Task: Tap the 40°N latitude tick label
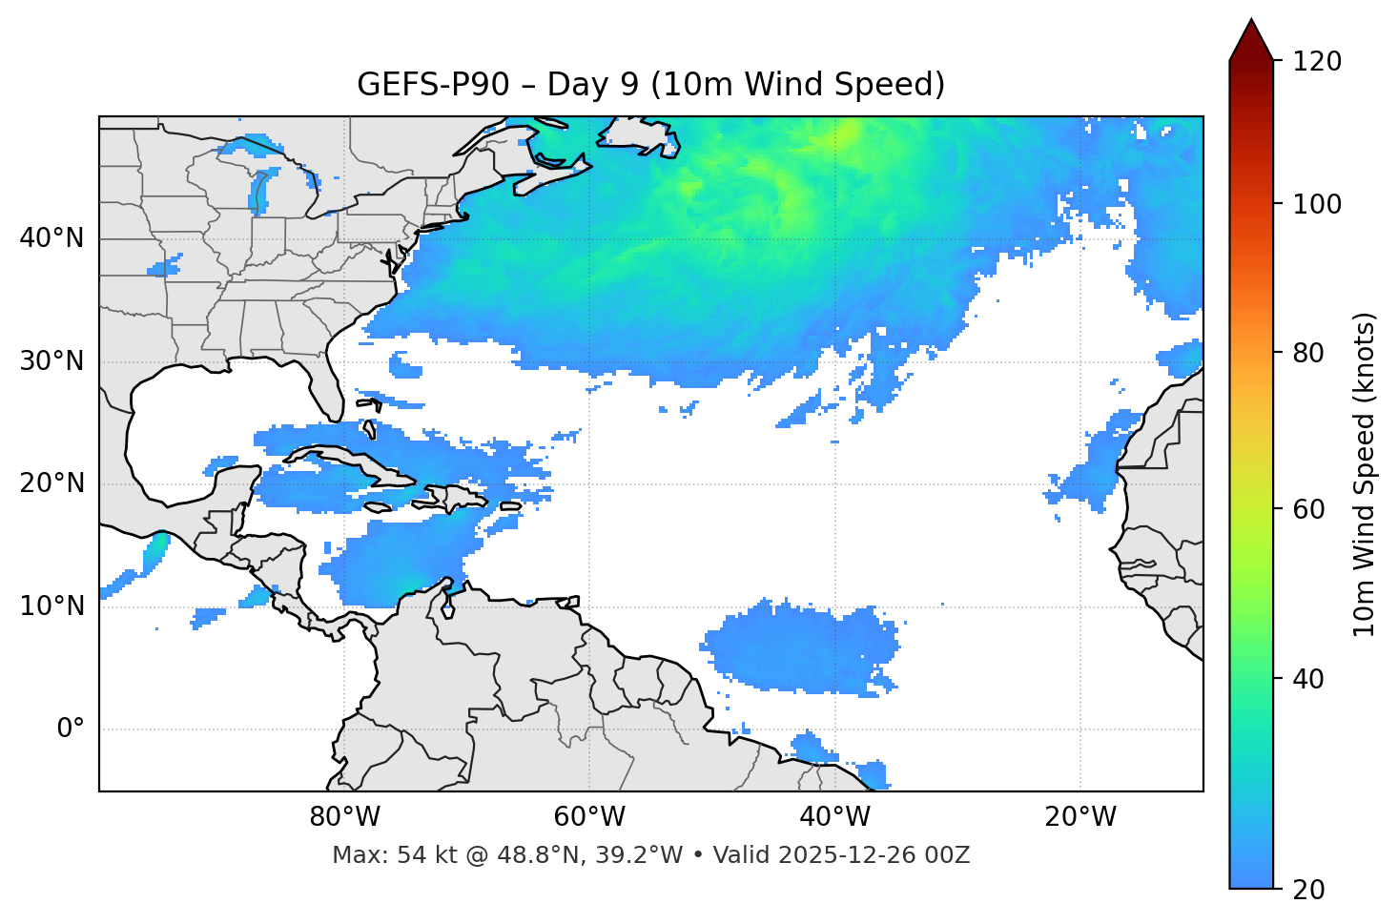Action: coord(51,238)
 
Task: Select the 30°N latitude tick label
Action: coord(51,361)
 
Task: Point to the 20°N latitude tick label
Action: coord(51,483)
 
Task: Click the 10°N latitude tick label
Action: coord(51,606)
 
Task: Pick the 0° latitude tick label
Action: coord(71,729)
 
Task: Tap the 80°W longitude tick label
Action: coord(344,817)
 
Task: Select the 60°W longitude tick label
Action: coord(589,817)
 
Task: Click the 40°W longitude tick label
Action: coord(835,817)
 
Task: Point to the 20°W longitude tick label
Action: coord(1080,817)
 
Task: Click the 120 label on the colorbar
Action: coord(1316,62)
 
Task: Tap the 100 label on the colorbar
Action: coord(1316,204)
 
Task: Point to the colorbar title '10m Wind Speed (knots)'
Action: coord(1365,474)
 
